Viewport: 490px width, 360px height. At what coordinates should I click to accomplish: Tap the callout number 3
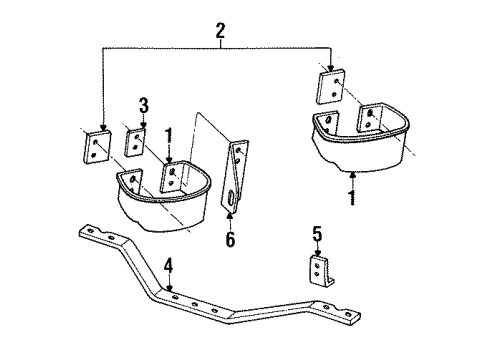(x=143, y=104)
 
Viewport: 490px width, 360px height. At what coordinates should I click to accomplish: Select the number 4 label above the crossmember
(x=168, y=266)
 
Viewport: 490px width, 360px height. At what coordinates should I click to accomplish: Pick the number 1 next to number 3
(x=168, y=134)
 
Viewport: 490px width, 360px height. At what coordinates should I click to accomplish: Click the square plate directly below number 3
(x=135, y=141)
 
